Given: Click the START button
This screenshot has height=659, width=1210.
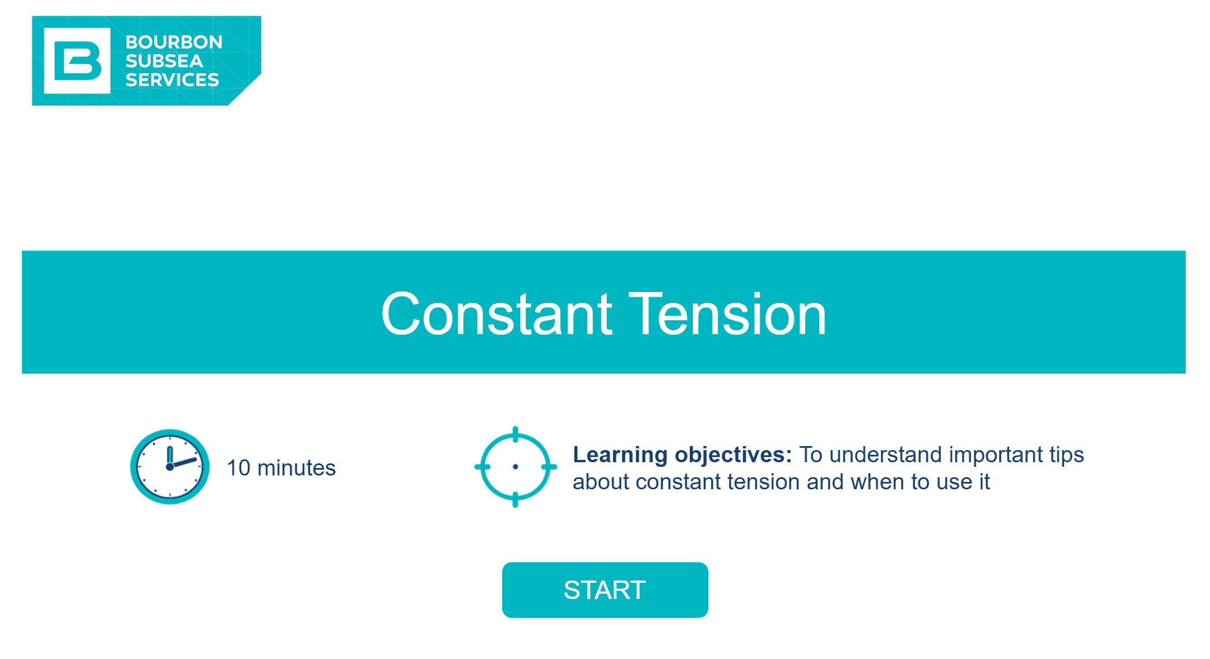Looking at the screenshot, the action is click(x=605, y=590).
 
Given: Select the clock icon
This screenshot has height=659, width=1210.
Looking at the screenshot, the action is click(x=170, y=467).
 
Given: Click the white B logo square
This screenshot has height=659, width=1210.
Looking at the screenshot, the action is click(x=77, y=61).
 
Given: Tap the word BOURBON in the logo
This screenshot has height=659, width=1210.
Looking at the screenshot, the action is click(x=174, y=42).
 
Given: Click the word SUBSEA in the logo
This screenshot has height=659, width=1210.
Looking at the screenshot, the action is click(x=165, y=61).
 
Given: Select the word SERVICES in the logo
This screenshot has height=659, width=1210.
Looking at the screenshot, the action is click(x=172, y=80).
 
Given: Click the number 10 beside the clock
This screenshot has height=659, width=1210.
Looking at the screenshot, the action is click(x=238, y=468).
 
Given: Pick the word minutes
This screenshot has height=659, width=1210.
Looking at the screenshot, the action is click(x=296, y=468).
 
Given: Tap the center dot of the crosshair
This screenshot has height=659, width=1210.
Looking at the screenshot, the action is click(x=516, y=467).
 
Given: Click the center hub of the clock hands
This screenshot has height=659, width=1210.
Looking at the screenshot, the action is click(x=170, y=467).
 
